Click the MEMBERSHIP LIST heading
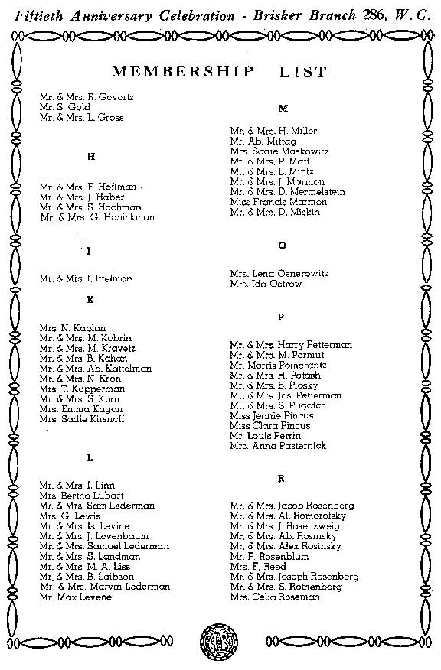pos(220,73)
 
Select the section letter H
pos(91,157)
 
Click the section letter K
pos(90,300)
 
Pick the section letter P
pos(281,316)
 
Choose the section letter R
pos(281,478)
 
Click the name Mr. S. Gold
pos(65,108)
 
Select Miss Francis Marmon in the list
pos(278,202)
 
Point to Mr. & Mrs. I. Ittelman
pos(86,279)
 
